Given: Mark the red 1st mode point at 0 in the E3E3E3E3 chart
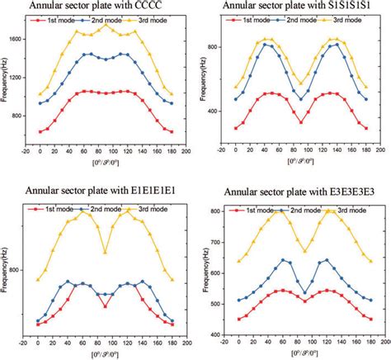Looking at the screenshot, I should pos(238,319).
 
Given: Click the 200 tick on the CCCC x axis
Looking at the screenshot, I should pos(186,151).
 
